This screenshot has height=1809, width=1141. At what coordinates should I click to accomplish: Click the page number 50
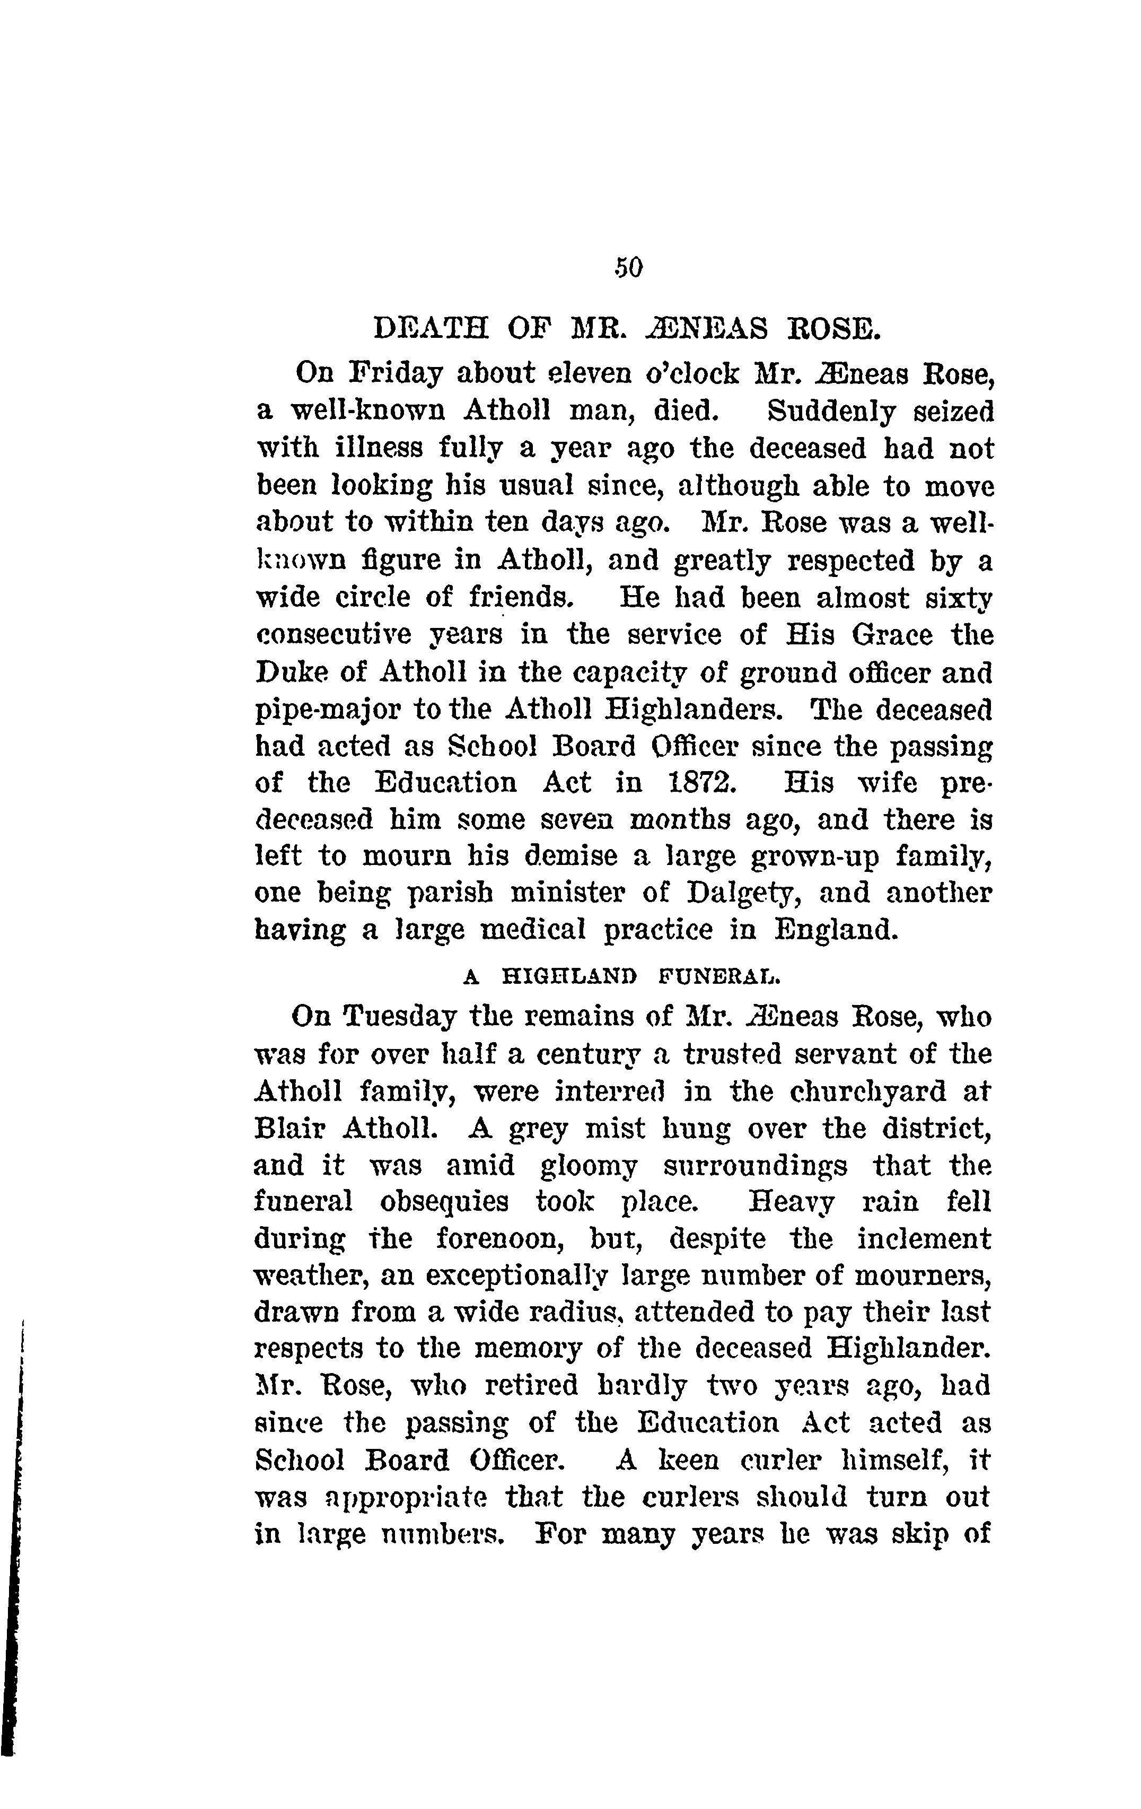628,267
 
